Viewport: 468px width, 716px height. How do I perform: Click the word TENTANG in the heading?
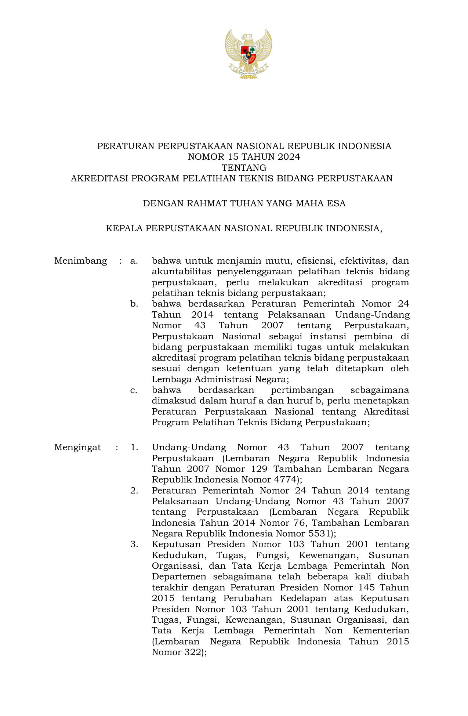[x=244, y=168]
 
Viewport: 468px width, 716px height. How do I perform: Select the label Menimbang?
[x=80, y=261]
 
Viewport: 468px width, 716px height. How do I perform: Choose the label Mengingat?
[x=77, y=447]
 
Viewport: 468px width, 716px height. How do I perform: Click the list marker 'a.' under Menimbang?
[x=134, y=261]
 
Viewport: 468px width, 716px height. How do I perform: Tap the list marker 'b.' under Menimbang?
[x=134, y=304]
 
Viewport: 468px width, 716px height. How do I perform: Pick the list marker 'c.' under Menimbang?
[x=134, y=390]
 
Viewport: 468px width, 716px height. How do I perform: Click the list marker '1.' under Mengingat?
[x=134, y=447]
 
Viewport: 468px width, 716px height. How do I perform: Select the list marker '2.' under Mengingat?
[x=134, y=491]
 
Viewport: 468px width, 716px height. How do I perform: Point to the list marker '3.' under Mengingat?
[x=134, y=544]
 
